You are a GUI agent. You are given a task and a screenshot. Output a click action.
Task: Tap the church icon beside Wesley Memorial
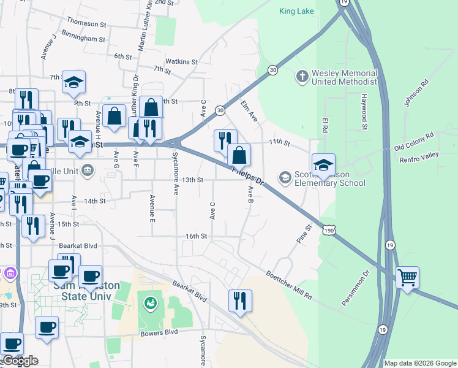(x=301, y=77)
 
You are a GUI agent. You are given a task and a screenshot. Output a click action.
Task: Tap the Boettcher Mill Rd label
(x=290, y=285)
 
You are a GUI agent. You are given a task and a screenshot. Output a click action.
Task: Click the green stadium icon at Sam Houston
(x=150, y=302)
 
